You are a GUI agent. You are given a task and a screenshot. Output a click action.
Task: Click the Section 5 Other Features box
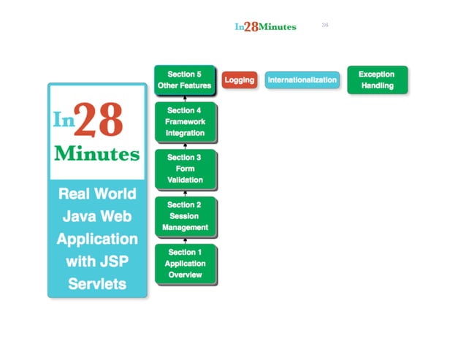point(185,80)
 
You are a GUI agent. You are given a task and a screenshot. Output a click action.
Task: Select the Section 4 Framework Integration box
point(185,122)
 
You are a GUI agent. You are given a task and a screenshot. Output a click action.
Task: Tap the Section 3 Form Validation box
point(185,168)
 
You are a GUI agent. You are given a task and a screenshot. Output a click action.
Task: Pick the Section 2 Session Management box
point(185,216)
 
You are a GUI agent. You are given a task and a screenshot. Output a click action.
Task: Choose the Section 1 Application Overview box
point(185,264)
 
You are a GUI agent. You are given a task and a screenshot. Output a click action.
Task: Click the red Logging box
point(239,80)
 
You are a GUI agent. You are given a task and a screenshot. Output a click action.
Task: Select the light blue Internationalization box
point(302,80)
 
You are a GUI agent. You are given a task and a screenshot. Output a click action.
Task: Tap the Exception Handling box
point(377,80)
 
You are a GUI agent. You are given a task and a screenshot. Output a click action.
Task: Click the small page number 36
point(325,25)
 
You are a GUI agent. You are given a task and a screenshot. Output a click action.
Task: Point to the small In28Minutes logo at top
point(265,27)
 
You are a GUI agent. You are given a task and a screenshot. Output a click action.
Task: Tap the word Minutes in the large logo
point(96,155)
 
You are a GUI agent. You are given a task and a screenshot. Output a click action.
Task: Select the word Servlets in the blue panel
point(97,284)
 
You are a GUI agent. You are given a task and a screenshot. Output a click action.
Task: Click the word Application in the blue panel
point(97,239)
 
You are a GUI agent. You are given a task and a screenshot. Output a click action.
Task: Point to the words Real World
point(97,194)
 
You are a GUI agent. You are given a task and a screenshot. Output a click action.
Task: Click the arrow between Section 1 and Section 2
point(185,240)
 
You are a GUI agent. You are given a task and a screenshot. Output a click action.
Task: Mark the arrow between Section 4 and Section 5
point(185,98)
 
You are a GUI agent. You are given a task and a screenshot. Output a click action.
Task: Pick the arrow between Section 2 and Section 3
point(185,193)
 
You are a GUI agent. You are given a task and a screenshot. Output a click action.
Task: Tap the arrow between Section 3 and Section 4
point(185,146)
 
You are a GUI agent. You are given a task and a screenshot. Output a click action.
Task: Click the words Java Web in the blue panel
point(97,216)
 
